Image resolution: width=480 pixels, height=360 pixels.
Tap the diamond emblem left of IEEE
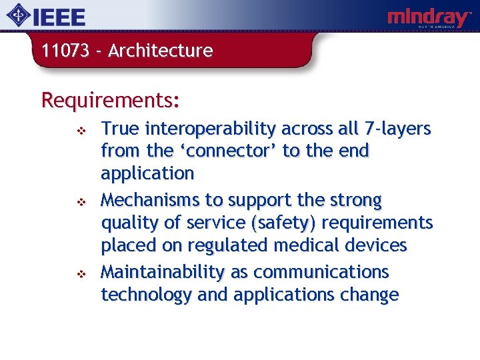[23, 16]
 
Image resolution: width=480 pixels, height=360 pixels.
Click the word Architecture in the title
[160, 51]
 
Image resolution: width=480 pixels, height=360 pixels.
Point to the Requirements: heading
[110, 100]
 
